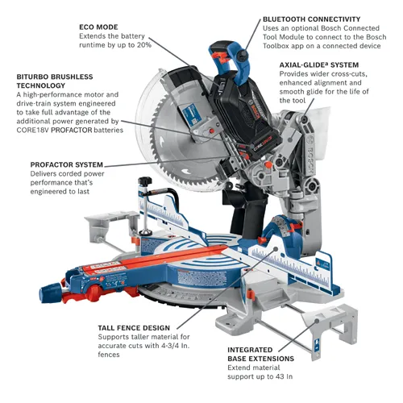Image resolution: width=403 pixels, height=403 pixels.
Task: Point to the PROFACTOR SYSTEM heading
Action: tap(66, 164)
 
